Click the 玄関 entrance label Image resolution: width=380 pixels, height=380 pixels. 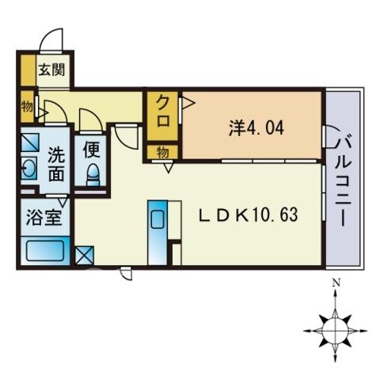point(51,70)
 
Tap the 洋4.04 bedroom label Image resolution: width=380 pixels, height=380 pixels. point(256,128)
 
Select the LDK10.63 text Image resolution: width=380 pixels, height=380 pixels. point(249,215)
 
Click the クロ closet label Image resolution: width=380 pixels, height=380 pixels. point(163,114)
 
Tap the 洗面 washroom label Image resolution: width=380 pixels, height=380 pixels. point(56,164)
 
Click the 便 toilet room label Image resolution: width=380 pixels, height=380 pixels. point(91,150)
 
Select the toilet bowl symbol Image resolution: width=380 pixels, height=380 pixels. point(93,174)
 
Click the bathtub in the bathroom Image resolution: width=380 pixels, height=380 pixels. point(46,250)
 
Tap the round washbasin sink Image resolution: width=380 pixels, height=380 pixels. point(28,168)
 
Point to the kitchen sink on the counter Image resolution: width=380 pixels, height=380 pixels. point(157,219)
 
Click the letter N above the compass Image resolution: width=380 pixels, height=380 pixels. point(336,283)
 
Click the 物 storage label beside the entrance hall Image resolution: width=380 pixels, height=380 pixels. point(27,107)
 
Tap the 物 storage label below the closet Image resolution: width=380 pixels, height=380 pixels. point(162,153)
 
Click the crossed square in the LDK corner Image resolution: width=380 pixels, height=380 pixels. point(85,255)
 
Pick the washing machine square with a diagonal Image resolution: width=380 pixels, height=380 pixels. point(30,142)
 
